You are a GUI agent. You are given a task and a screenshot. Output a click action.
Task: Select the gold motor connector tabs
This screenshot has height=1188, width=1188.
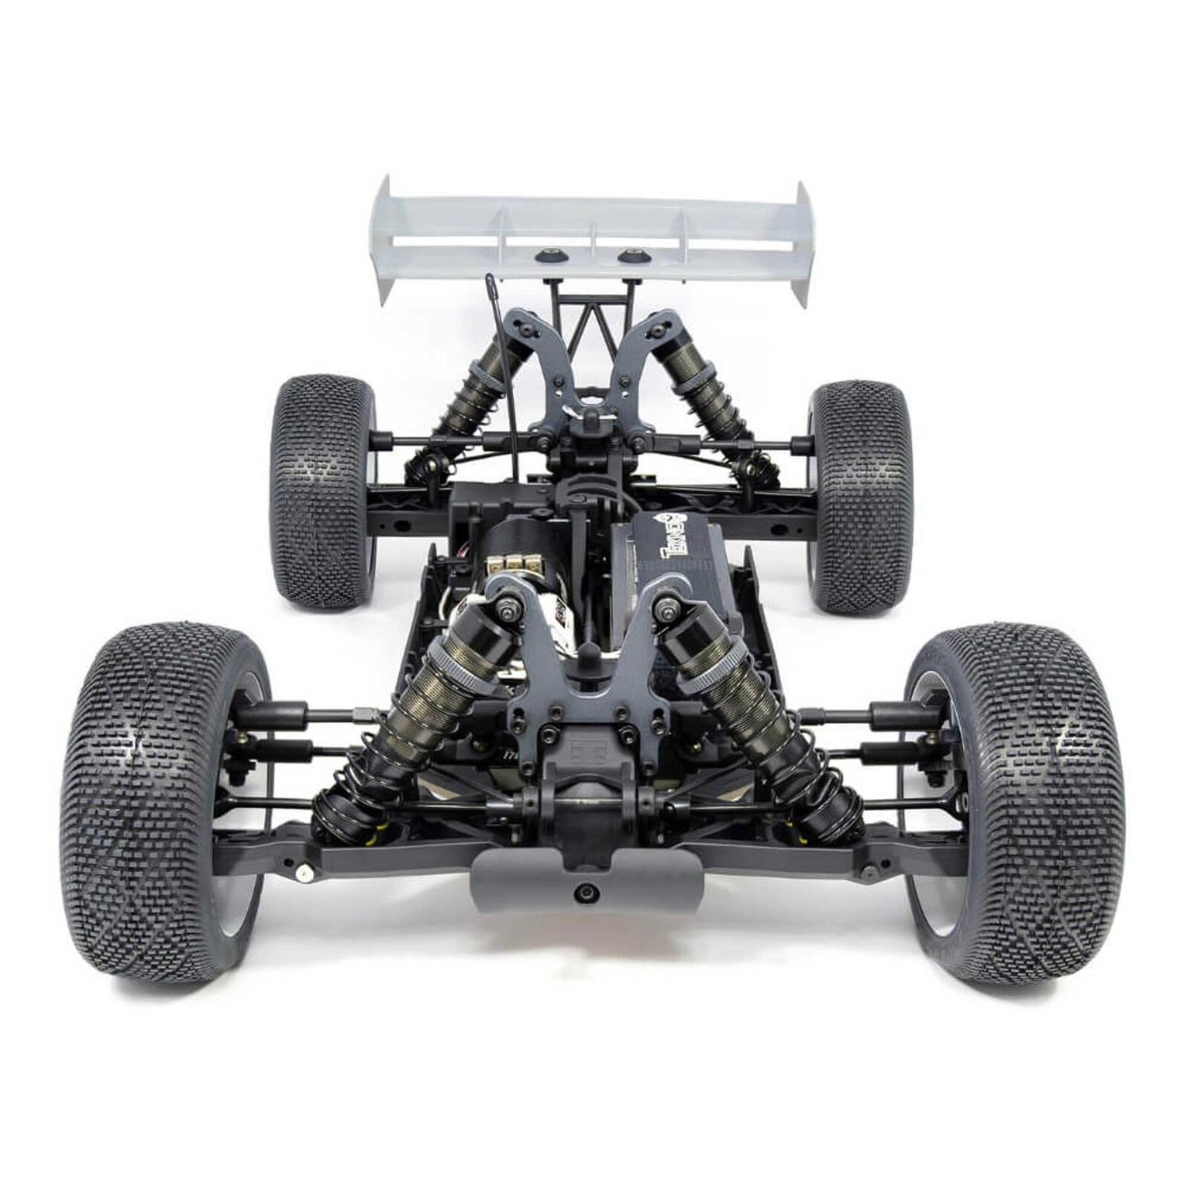509,562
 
